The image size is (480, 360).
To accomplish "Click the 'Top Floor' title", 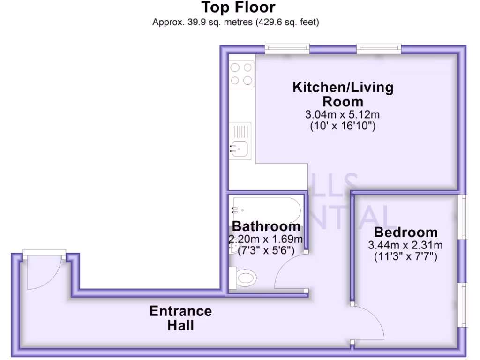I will click(238, 8).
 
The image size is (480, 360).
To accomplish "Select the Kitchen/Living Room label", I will click(343, 94).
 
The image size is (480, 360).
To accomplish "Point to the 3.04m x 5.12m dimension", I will click(343, 114).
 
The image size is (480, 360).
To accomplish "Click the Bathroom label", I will click(266, 226).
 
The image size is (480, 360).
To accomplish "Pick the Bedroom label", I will click(405, 232).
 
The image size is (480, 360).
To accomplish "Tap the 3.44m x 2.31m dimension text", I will click(405, 245).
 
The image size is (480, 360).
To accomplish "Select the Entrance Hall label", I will click(180, 318).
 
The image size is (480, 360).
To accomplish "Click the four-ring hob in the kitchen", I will click(241, 74).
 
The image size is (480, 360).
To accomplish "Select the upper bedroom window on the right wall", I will click(464, 217).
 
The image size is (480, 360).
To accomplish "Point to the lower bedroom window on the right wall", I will click(464, 305).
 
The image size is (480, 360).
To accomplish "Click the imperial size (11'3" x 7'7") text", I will click(405, 257).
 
